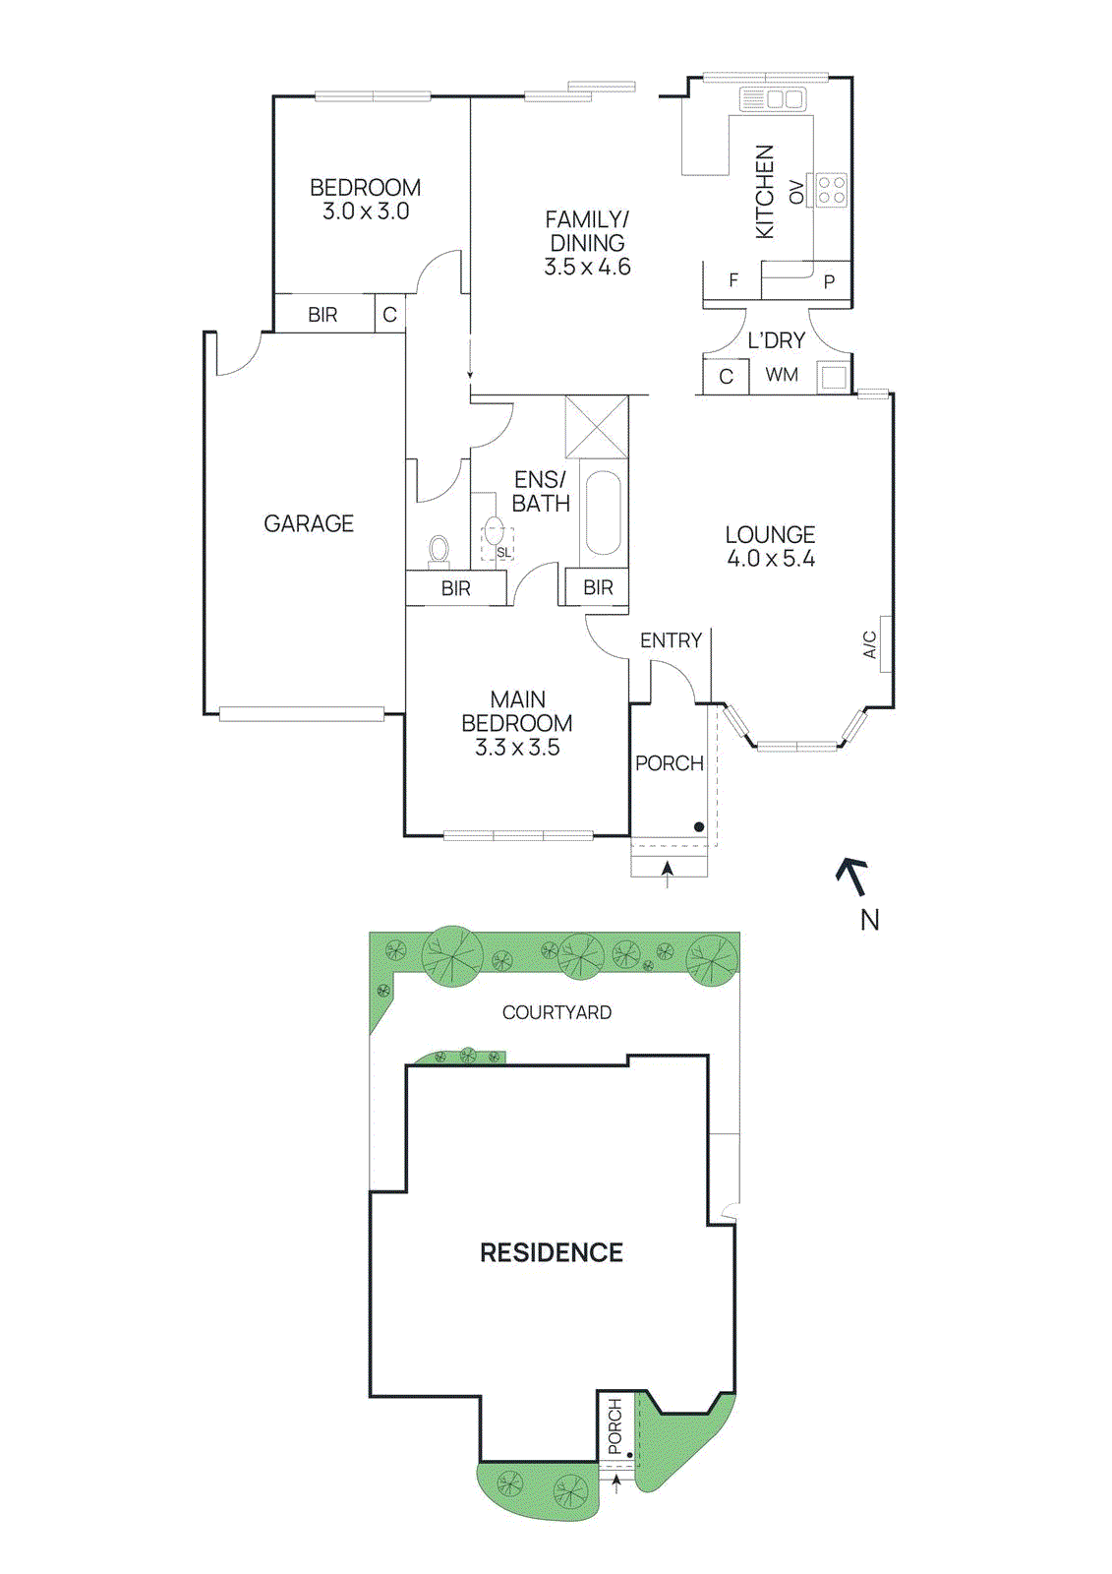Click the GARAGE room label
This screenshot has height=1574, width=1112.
tap(309, 523)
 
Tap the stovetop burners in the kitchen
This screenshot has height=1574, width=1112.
tap(831, 190)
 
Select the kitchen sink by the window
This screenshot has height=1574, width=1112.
tap(772, 98)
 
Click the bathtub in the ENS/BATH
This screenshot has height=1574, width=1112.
tap(602, 514)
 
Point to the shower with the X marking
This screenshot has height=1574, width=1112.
tap(597, 426)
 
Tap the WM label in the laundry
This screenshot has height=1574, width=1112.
tap(782, 375)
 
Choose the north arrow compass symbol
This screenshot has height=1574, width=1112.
tap(852, 876)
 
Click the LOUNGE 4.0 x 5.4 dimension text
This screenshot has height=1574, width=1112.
tap(771, 559)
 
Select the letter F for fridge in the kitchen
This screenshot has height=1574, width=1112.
tap(733, 280)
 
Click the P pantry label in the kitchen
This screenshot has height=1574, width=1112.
tap(829, 282)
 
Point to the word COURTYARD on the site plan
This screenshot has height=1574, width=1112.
tap(556, 1012)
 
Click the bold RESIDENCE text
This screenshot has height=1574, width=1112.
tap(552, 1252)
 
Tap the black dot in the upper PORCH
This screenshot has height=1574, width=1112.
tap(699, 826)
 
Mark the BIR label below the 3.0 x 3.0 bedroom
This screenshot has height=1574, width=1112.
tap(322, 315)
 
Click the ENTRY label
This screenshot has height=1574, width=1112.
tap(671, 640)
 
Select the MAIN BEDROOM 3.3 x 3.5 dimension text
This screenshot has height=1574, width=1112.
tap(517, 748)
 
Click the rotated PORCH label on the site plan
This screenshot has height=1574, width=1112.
tap(615, 1425)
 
